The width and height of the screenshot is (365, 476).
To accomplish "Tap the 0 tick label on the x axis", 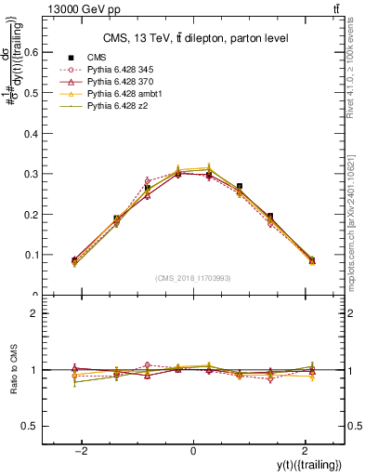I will point(193,451).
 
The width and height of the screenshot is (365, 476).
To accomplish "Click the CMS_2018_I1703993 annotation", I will point(193,276).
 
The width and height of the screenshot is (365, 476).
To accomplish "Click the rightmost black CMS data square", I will point(312,261).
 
